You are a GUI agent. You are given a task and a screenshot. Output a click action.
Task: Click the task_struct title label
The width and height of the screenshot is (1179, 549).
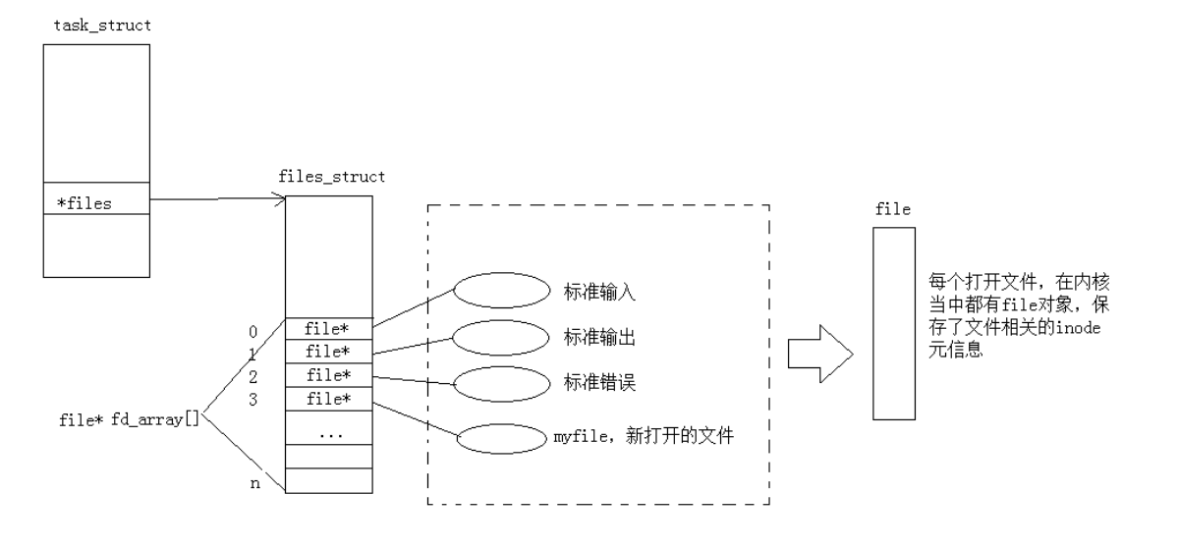[103, 24]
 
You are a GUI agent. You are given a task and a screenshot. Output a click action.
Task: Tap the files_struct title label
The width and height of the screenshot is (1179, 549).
[332, 179]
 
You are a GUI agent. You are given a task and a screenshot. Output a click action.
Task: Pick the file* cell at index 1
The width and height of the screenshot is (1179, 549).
[328, 352]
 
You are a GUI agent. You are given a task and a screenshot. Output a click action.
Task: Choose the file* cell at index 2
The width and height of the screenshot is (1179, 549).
[328, 375]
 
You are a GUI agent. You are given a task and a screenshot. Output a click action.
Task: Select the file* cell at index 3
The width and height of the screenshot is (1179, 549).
[328, 399]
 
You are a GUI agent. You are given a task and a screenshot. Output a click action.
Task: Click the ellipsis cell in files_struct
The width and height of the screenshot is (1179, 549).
[328, 433]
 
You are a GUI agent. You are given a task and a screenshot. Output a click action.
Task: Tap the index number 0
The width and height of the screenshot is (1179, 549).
[253, 332]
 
